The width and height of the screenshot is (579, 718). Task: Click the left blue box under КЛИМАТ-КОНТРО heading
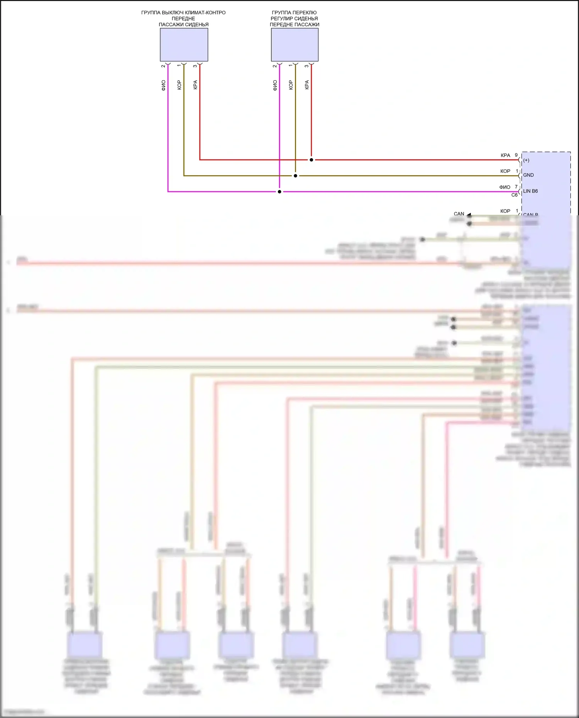pos(184,45)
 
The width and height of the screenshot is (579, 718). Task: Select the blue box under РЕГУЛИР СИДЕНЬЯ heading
pos(295,45)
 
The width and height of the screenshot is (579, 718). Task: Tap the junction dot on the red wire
pos(312,160)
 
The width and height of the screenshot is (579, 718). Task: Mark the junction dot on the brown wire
pos(295,176)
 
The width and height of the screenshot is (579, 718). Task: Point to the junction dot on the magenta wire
pos(279,192)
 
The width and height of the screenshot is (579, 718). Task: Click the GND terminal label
pos(528,175)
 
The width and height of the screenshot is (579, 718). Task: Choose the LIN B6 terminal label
pos(530,191)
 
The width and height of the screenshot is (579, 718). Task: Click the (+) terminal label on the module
pos(526,160)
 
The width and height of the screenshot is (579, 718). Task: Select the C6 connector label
pos(514,195)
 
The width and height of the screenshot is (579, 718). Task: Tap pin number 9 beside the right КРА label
pos(516,155)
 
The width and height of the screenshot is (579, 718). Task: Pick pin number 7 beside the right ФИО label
pos(516,187)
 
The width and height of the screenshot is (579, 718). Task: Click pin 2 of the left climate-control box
pos(163,66)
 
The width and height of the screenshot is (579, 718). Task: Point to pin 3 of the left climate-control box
pos(195,66)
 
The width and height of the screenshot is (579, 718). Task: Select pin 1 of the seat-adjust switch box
pos(291,66)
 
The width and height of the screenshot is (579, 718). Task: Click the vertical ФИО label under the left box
pos(163,85)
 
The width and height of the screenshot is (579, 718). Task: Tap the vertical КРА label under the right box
pos(307,85)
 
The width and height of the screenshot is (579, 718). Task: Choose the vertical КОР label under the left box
pos(179,85)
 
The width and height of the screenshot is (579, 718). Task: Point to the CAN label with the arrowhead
pos(459,214)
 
